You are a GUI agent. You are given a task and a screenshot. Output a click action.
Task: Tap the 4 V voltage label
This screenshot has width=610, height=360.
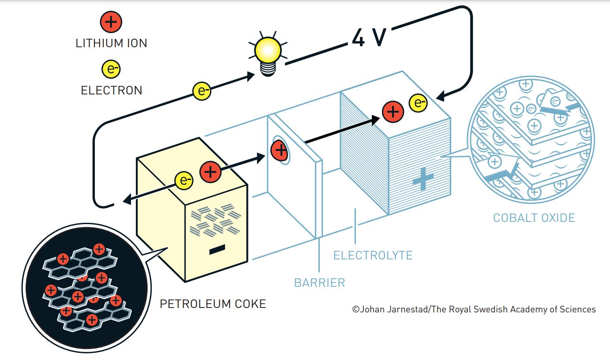(369, 37)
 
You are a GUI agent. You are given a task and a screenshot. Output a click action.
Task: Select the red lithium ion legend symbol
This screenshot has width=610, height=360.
(111, 22)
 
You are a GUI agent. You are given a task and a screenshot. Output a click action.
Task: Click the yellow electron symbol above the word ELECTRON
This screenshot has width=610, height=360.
(111, 69)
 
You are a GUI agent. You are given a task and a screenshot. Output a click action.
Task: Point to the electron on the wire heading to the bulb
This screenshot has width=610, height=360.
(202, 91)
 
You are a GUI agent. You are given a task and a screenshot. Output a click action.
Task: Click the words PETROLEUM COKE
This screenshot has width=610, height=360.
(213, 304)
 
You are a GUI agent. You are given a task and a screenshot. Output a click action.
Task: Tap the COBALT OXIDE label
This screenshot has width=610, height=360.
(534, 218)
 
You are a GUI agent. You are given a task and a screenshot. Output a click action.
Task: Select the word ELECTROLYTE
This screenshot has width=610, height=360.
(373, 255)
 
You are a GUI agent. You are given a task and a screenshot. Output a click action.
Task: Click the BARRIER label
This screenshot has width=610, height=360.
(319, 283)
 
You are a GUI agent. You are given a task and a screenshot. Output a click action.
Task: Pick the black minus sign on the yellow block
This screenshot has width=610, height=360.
(217, 249)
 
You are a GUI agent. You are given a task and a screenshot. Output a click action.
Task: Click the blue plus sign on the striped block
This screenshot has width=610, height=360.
(423, 179)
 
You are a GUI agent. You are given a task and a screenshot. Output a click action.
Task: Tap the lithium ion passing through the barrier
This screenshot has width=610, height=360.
(279, 150)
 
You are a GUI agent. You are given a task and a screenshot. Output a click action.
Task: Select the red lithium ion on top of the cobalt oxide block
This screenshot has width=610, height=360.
(393, 112)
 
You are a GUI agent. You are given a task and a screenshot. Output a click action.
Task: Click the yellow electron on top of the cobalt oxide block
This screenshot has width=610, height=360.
(418, 103)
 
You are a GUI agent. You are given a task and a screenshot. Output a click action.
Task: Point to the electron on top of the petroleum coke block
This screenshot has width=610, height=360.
(184, 180)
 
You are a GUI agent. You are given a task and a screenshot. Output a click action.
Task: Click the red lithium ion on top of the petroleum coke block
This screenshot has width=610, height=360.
(210, 172)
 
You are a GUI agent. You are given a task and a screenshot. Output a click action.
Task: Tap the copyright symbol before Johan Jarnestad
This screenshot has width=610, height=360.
(356, 309)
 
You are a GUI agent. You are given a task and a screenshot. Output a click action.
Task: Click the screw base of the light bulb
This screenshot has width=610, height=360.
(268, 69)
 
